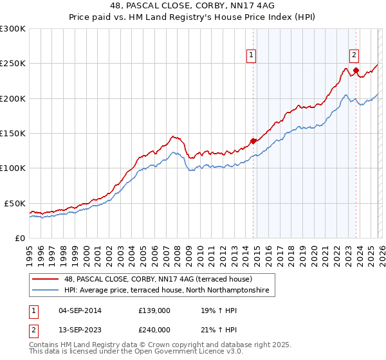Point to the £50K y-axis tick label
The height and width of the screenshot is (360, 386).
coord(14,203)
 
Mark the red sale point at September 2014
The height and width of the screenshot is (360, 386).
coord(253,141)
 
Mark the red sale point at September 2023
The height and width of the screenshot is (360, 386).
coord(356,71)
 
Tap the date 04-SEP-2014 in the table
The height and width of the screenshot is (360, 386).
coord(77,310)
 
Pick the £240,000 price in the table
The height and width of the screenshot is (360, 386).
coord(154,330)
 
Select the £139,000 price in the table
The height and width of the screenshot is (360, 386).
coord(154,310)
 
